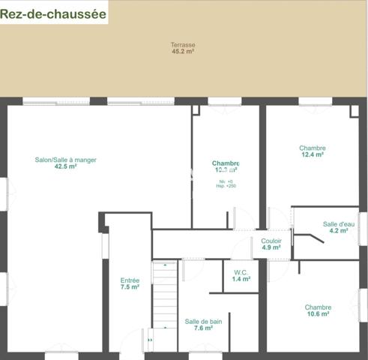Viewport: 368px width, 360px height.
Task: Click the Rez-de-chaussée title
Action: coord(54,13)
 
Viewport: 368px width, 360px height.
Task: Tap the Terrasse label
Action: coord(183,45)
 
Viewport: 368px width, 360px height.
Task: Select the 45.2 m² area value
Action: coord(183,52)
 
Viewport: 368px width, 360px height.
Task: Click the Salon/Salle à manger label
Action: coord(66,160)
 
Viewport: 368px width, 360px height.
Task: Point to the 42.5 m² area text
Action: coord(66,167)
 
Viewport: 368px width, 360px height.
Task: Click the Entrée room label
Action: coord(130,280)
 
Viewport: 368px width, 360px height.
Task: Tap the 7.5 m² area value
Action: coord(130,288)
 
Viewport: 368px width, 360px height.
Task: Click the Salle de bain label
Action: coord(203,321)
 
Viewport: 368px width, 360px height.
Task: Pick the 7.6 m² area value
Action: coord(203,328)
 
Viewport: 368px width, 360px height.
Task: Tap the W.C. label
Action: coord(241,272)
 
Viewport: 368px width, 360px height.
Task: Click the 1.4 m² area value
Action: coord(241,279)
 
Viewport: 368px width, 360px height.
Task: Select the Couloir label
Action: coord(271,241)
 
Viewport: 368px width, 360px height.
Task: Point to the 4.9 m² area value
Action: coord(271,247)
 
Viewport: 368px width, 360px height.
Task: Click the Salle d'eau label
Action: coord(339,223)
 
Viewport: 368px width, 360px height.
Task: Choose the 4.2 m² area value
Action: coord(339,231)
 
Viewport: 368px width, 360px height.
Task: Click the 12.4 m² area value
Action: coord(313,155)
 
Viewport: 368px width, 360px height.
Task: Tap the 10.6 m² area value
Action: coord(318,315)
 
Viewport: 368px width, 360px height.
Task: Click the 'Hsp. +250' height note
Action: coord(226,186)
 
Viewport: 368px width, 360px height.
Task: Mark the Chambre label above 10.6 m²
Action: coord(318,307)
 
